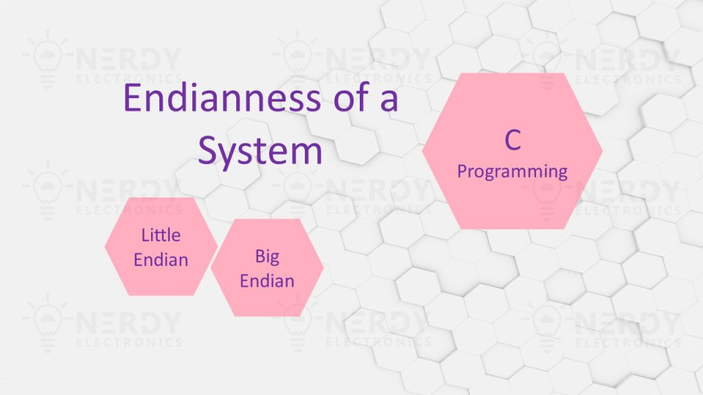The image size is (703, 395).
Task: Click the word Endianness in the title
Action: point(222,97)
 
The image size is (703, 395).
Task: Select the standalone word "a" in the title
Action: point(389,100)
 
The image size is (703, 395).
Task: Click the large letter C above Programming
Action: point(513,140)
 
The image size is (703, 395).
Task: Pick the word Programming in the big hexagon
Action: point(512,172)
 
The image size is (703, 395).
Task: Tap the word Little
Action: point(161,235)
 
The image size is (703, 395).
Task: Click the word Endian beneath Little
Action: point(161,260)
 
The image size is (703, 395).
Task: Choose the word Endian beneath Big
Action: point(267,281)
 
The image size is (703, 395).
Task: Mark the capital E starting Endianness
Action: point(132,97)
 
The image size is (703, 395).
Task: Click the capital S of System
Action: point(207,150)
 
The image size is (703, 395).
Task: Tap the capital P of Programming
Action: point(462,171)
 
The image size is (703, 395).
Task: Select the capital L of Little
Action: point(146,235)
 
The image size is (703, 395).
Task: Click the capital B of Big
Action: point(260,256)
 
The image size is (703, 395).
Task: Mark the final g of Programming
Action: point(563,174)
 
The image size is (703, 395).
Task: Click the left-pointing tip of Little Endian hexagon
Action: point(105,246)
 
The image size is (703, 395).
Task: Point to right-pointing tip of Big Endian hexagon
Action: point(324,267)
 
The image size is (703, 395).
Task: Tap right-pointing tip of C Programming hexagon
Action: point(603,151)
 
